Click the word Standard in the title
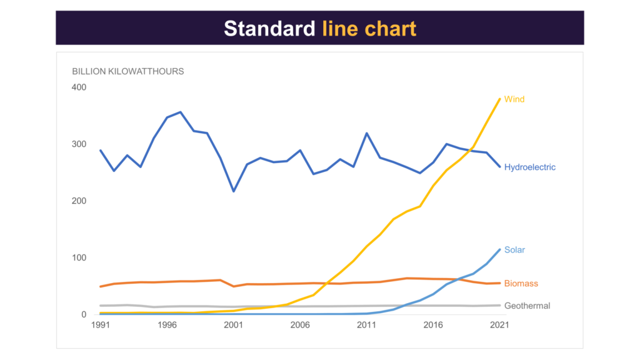(270, 29)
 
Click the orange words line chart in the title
(369, 29)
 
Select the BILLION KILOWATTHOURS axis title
(128, 71)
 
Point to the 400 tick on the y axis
(79, 87)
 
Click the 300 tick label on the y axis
(79, 144)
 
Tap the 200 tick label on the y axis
(79, 201)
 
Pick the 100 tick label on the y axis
(79, 257)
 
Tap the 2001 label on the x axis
(233, 326)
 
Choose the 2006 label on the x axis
(300, 326)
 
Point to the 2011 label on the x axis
(366, 326)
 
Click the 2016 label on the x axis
(433, 326)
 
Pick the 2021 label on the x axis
(499, 326)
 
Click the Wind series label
(514, 99)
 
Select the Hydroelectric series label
(530, 167)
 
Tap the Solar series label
(514, 250)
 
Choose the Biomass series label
(521, 284)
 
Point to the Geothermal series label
(527, 306)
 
